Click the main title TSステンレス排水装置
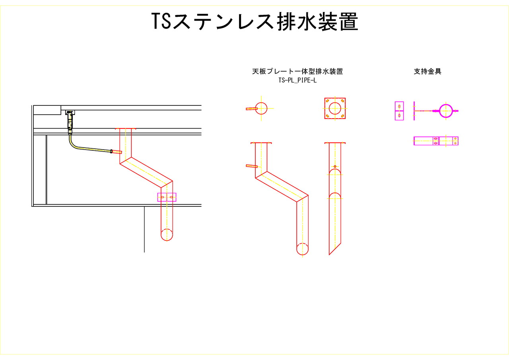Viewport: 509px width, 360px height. tap(254, 21)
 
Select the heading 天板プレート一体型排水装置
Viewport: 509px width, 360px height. tap(297, 72)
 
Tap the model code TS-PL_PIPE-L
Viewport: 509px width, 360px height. tap(297, 80)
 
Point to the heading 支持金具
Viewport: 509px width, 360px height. tap(427, 72)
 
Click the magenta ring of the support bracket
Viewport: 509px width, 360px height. tap(446, 111)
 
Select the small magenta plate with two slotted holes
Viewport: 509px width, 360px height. tap(399, 111)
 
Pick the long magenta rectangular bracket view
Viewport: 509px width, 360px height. tap(436, 141)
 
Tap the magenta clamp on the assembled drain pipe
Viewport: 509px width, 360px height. tap(167, 197)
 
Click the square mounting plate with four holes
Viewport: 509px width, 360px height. tap(335, 108)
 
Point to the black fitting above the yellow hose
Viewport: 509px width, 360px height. tap(70, 120)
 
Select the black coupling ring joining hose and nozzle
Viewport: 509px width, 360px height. tap(111, 151)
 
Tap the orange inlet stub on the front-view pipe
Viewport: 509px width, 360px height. tap(252, 165)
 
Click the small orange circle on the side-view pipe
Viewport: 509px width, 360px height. tap(335, 166)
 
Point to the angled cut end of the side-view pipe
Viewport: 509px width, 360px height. tap(335, 248)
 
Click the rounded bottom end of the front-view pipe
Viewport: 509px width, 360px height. tap(302, 249)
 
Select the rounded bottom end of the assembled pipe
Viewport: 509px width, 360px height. tap(167, 235)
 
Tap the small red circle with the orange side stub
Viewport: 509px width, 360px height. tap(261, 108)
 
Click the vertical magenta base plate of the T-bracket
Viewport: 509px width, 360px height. tap(414, 111)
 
